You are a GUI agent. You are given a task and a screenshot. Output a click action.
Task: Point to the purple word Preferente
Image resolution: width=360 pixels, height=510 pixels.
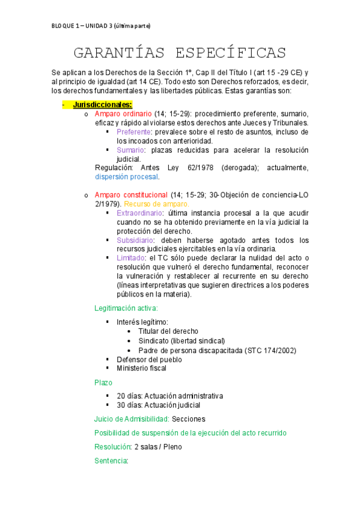point(134,132)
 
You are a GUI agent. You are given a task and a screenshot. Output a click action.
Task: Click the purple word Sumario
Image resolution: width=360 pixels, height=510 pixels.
point(130,150)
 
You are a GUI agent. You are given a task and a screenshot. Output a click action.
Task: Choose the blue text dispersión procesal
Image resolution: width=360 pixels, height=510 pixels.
point(127,177)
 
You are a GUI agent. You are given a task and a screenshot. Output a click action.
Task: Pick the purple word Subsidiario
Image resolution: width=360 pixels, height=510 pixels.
point(135,240)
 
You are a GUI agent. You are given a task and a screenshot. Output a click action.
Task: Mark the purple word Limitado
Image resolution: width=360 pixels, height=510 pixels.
point(131,258)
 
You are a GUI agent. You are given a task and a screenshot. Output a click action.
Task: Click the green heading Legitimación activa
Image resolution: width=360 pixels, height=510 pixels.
point(126,308)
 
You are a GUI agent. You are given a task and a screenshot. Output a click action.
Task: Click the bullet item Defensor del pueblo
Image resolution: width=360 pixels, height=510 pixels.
point(149,359)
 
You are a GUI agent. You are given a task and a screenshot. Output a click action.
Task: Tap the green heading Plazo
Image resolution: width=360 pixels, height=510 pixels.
point(103,382)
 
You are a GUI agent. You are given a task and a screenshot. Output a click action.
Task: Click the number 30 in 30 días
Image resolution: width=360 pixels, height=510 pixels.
point(121,405)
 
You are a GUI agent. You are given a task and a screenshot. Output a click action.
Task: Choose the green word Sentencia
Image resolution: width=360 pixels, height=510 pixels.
point(111,461)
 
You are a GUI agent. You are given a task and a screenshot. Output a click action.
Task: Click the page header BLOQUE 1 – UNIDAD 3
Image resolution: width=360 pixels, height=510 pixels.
point(101,26)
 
